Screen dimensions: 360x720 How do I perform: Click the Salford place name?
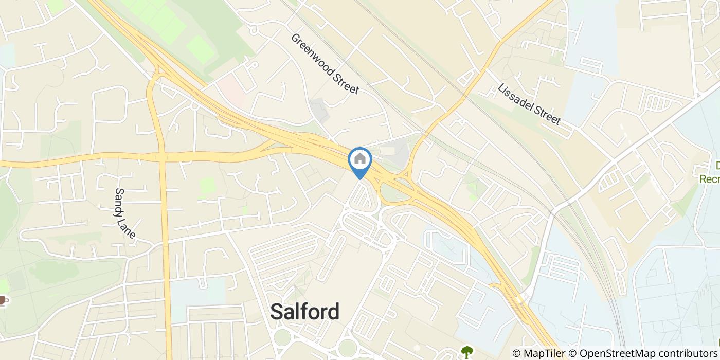[305, 311]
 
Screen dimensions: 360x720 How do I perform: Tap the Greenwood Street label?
[325, 64]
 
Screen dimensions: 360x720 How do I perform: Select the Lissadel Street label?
[529, 104]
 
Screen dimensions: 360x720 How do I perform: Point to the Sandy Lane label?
[125, 213]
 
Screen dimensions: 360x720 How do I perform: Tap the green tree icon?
[467, 352]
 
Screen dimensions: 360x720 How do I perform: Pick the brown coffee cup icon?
[3, 300]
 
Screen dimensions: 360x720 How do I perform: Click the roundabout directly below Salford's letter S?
[282, 338]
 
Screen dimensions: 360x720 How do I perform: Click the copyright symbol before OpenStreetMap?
[574, 354]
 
